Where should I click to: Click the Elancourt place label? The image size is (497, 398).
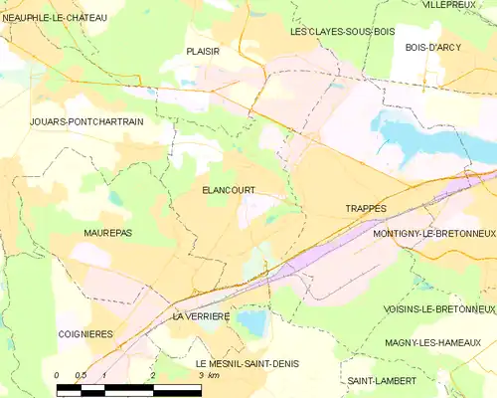228,190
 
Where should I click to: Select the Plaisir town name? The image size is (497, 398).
202,51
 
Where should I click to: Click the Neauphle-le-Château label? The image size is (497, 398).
56,18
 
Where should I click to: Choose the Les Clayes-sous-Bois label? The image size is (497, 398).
342,32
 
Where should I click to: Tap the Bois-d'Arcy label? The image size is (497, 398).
435,46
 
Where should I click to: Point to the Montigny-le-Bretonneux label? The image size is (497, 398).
433,233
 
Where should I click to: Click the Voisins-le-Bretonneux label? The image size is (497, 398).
438,309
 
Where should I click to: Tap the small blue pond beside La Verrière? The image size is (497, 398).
252,321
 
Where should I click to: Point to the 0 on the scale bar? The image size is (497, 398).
57,376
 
